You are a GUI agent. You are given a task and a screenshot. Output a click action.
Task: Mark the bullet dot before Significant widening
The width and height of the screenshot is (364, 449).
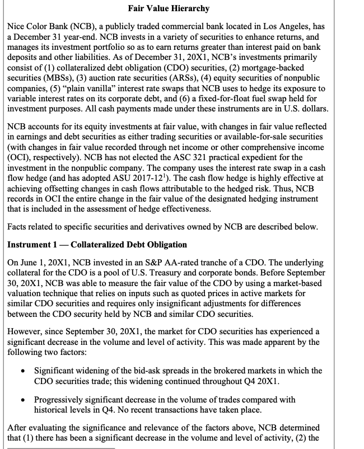(21, 371)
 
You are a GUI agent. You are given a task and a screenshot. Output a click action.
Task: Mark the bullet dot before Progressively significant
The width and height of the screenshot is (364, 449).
(21, 400)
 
